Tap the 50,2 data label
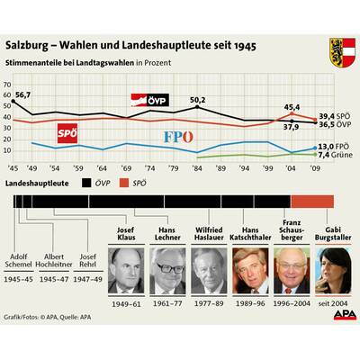pyautogui.click(x=197, y=100)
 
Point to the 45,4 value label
pyautogui.click(x=292, y=107)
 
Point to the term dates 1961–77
pyautogui.click(x=166, y=304)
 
